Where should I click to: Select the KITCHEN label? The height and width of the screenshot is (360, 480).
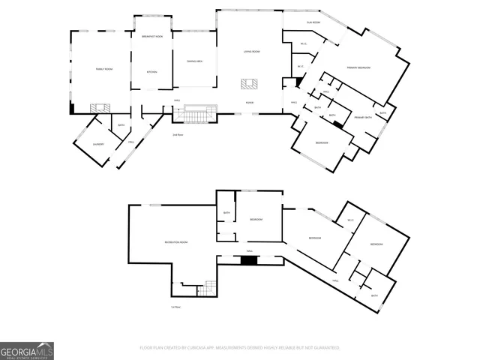151,72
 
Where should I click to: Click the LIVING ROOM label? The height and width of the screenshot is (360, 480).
251,52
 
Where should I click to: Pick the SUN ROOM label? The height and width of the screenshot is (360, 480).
313,23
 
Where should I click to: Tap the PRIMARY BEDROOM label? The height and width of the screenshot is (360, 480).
358,67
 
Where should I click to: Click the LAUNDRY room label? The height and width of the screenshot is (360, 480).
97,143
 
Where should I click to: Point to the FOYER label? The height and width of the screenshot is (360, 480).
249,103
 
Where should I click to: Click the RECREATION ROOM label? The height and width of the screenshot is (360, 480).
175,242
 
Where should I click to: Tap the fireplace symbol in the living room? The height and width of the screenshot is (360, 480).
248,84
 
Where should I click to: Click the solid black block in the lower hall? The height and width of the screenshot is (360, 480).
248,260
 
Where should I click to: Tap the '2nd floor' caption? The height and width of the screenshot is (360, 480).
178,135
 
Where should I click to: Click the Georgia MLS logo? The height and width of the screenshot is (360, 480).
27,350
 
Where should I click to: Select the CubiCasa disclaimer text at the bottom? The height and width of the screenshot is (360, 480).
240,348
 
